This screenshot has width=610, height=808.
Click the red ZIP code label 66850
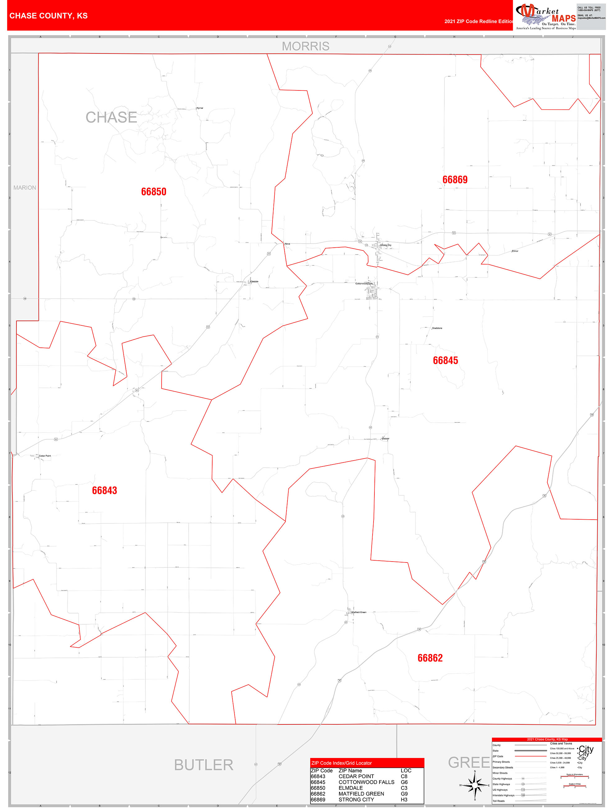(x=154, y=192)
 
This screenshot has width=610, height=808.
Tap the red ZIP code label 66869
(x=455, y=180)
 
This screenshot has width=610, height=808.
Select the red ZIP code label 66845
(x=445, y=360)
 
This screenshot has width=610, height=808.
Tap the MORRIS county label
(x=305, y=46)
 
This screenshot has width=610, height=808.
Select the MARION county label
(x=25, y=188)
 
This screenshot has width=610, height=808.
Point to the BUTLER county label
(x=204, y=764)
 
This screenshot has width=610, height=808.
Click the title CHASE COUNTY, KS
(x=48, y=16)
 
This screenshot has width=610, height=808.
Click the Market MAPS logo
(x=545, y=16)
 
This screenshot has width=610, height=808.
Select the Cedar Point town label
(x=45, y=456)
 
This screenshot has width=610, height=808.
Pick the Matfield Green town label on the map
(x=359, y=612)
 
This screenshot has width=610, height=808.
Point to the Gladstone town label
(x=437, y=328)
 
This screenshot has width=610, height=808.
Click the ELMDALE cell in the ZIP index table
(x=350, y=788)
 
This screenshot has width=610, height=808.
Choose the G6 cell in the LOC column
(x=404, y=782)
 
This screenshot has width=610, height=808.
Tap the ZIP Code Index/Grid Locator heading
(x=342, y=763)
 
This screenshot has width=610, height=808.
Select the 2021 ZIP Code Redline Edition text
(x=479, y=21)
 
